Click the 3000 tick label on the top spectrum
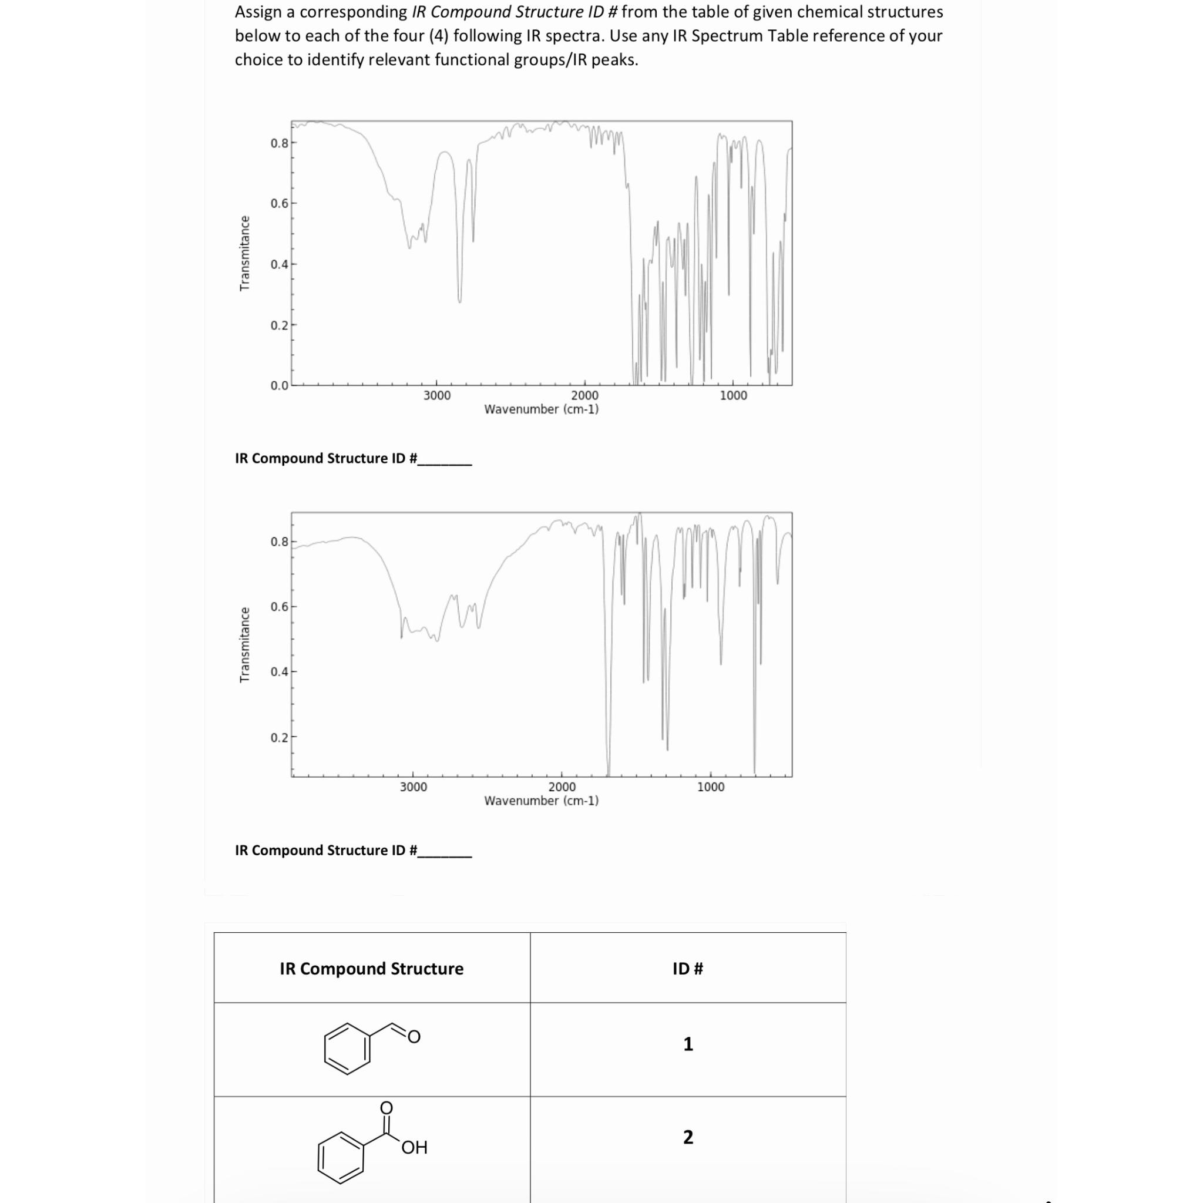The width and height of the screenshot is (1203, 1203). click(x=436, y=395)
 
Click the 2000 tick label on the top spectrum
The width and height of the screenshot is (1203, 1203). click(x=584, y=395)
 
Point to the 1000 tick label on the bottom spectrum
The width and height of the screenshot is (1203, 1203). click(x=711, y=787)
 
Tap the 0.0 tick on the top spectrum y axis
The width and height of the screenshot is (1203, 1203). click(x=279, y=385)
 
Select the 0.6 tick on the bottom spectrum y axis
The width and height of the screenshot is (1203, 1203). click(x=279, y=606)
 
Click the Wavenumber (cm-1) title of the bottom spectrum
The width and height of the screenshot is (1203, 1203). click(x=541, y=801)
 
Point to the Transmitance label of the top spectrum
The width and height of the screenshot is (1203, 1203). click(x=245, y=253)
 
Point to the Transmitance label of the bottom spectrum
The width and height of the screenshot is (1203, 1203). click(x=245, y=644)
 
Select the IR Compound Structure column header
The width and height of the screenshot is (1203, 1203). click(x=371, y=969)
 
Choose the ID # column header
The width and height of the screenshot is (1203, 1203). click(x=687, y=969)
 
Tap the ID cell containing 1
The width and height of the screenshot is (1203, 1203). click(x=687, y=1044)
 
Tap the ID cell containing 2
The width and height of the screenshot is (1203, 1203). click(x=687, y=1137)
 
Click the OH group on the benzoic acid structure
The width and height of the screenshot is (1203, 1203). click(x=414, y=1148)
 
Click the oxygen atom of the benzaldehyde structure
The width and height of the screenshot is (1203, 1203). click(x=414, y=1037)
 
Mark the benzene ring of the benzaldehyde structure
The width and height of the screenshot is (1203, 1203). click(x=347, y=1050)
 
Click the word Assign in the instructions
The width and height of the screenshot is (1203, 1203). click(x=258, y=12)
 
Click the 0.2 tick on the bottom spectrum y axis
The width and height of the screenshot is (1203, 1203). click(x=279, y=738)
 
